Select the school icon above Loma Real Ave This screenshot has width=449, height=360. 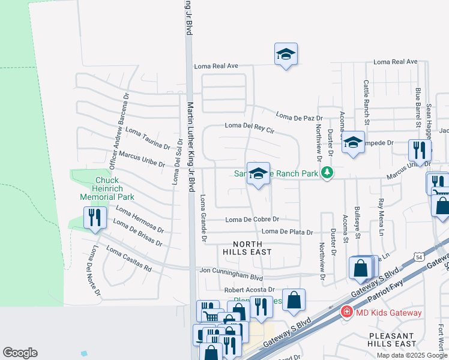(286, 54)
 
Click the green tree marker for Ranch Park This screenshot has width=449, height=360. (327, 173)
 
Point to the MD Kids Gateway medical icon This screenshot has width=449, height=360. (346, 312)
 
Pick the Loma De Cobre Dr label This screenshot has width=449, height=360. (252, 220)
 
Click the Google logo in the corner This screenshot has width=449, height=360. (20, 353)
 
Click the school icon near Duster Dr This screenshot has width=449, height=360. (354, 142)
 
